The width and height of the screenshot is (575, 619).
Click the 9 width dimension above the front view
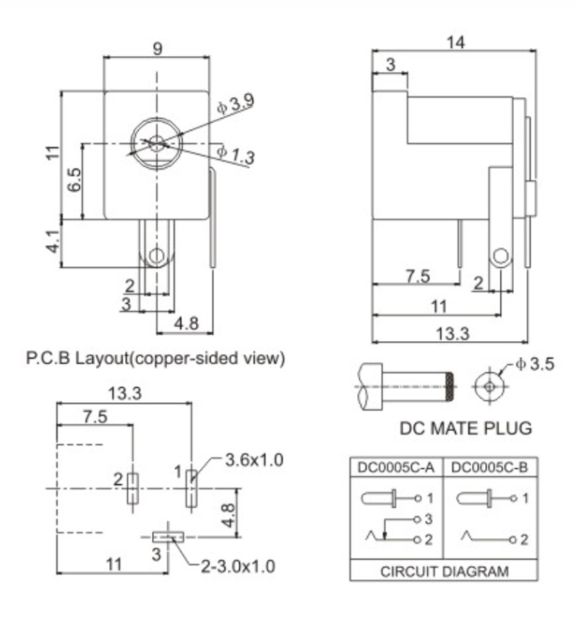(157, 50)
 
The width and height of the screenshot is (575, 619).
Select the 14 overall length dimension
(456, 41)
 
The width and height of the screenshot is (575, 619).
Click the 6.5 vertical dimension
(75, 180)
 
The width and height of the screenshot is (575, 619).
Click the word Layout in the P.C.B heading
(100, 359)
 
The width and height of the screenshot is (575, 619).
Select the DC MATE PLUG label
(466, 428)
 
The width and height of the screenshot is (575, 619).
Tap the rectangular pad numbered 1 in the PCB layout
(191, 488)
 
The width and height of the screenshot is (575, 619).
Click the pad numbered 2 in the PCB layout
(132, 488)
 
